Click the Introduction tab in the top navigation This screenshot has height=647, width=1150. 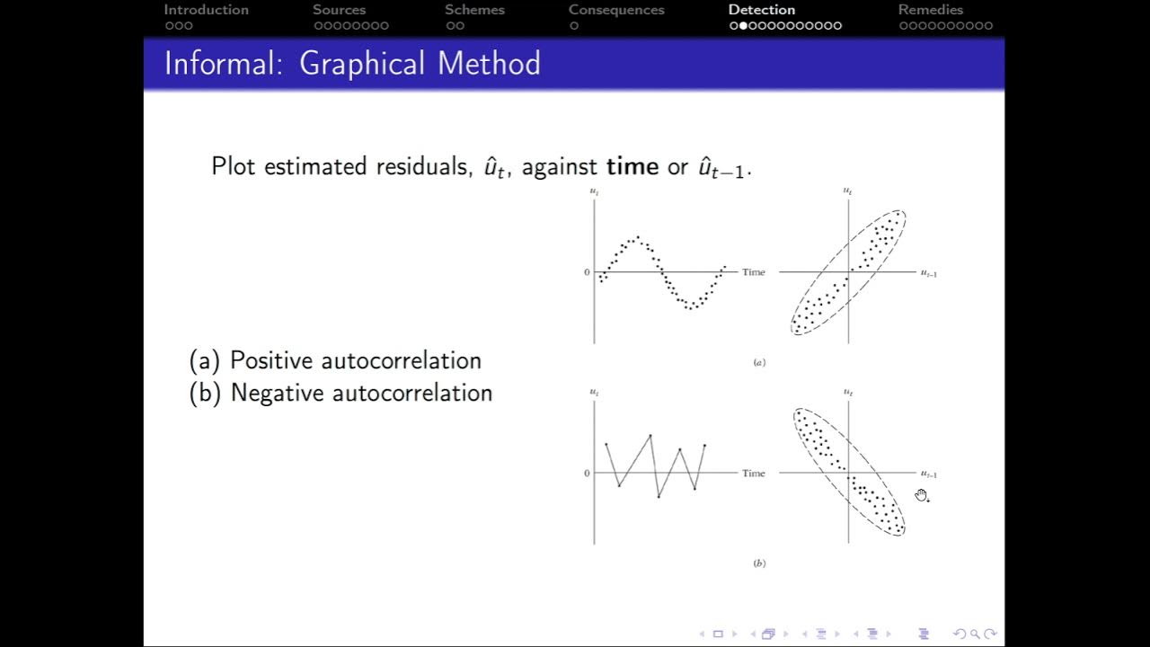click(x=206, y=10)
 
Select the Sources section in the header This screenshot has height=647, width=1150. click(x=339, y=10)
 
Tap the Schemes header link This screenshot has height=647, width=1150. click(x=474, y=10)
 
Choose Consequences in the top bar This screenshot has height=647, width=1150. click(x=616, y=10)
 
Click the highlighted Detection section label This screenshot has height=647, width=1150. click(x=761, y=10)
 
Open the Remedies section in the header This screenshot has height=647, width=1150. click(x=930, y=10)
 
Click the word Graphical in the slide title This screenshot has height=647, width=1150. click(x=361, y=64)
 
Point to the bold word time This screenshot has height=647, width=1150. click(x=632, y=166)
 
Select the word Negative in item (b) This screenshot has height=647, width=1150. click(x=278, y=393)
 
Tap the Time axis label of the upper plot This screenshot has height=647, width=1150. click(x=754, y=272)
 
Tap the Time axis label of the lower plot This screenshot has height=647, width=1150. click(x=754, y=474)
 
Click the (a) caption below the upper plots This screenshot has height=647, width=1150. click(x=759, y=363)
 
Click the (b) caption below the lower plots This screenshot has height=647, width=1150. click(x=759, y=563)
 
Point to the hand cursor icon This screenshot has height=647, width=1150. click(x=922, y=495)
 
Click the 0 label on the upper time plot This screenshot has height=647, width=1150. click(x=587, y=272)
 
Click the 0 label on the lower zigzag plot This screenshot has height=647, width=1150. click(x=587, y=474)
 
